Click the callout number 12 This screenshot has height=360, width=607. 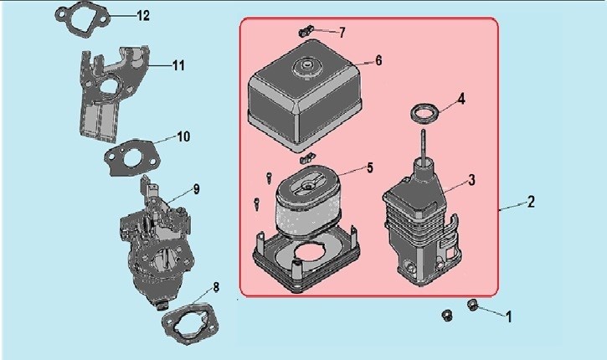(x=143, y=15)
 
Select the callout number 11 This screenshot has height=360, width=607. (x=178, y=65)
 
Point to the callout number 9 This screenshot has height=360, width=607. (x=196, y=189)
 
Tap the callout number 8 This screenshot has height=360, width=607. (x=216, y=287)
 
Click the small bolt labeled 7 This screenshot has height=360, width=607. (x=306, y=31)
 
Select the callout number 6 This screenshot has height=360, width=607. (x=378, y=60)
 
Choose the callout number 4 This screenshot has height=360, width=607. (x=461, y=99)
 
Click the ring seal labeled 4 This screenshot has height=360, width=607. (x=414, y=113)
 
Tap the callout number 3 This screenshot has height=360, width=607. (x=471, y=180)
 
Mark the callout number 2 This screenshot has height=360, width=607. (x=531, y=202)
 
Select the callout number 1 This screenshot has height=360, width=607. (x=509, y=317)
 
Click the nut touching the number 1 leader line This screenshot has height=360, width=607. (x=472, y=304)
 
